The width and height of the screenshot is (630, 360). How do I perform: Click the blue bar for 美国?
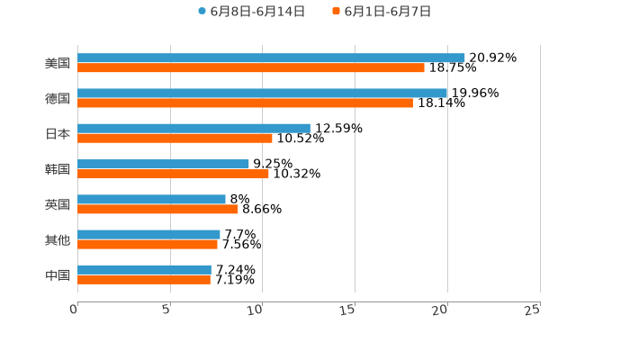pyautogui.click(x=271, y=58)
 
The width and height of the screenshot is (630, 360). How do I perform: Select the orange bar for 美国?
pyautogui.click(x=251, y=67)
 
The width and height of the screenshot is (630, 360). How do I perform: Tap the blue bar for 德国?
pyautogui.click(x=262, y=93)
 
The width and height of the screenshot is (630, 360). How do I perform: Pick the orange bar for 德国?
pyautogui.click(x=245, y=103)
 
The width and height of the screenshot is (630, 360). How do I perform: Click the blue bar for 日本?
pyautogui.click(x=193, y=128)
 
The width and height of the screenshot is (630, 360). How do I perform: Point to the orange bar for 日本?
pyautogui.click(x=175, y=138)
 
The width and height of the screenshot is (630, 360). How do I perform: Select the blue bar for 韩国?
pyautogui.click(x=163, y=164)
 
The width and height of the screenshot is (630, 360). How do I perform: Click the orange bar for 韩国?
pyautogui.click(x=173, y=174)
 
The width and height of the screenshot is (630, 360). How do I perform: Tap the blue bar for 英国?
pyautogui.click(x=151, y=199)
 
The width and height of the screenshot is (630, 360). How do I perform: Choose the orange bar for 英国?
pyautogui.click(x=157, y=209)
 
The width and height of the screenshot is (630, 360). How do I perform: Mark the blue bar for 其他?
pyautogui.click(x=148, y=234)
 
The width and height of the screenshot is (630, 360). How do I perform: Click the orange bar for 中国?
pyautogui.click(x=144, y=279)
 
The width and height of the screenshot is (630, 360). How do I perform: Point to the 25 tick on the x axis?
pyautogui.click(x=533, y=310)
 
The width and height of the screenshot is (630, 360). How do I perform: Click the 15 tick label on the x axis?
pyautogui.click(x=348, y=310)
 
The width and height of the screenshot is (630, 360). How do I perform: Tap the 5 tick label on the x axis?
pyautogui.click(x=166, y=310)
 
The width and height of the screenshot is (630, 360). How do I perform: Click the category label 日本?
pyautogui.click(x=58, y=133)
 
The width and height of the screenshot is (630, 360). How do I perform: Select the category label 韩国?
pyautogui.click(x=58, y=169)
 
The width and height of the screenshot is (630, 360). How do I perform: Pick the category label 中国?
pyautogui.click(x=58, y=274)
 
